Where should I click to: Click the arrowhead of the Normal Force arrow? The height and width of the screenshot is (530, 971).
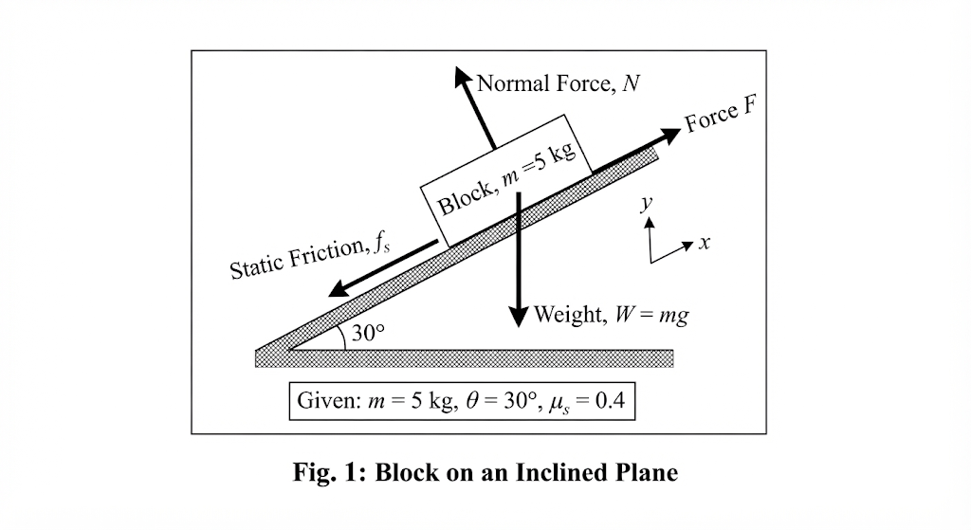pyautogui.click(x=462, y=76)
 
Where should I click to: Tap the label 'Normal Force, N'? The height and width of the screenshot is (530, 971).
pyautogui.click(x=559, y=83)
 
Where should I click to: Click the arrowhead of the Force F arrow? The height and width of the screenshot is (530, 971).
pyautogui.click(x=670, y=136)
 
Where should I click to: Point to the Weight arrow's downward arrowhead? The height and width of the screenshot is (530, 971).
pyautogui.click(x=519, y=317)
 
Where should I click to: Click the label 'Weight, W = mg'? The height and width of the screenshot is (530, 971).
pyautogui.click(x=611, y=315)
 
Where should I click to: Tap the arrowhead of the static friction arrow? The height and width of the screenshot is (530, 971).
pyautogui.click(x=339, y=288)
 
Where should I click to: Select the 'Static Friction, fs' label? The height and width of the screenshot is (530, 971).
pyautogui.click(x=310, y=258)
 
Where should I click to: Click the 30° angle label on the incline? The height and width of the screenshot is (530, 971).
pyautogui.click(x=368, y=333)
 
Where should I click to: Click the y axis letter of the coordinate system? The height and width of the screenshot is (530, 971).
pyautogui.click(x=647, y=202)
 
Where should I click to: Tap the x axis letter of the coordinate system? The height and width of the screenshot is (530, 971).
pyautogui.click(x=705, y=243)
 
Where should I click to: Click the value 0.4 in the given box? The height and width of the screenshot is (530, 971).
pyautogui.click(x=610, y=401)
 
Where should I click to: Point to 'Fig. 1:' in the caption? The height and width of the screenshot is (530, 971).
pyautogui.click(x=330, y=473)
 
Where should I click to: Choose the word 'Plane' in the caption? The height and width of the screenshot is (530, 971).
pyautogui.click(x=647, y=472)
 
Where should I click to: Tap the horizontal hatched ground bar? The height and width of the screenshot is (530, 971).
pyautogui.click(x=465, y=358)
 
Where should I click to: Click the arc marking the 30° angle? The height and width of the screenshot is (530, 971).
pyautogui.click(x=342, y=338)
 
